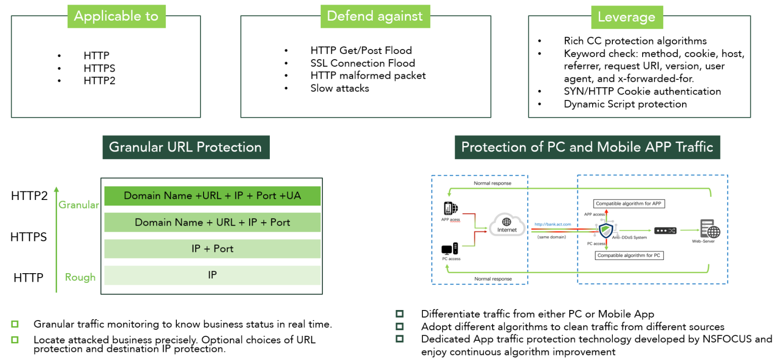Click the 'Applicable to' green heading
coord(116,16)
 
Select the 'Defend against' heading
coord(374,16)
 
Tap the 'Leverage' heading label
coord(626,17)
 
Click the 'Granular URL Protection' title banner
coord(185,147)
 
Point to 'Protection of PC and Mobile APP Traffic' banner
coord(587,147)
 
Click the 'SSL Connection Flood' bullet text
coord(362,63)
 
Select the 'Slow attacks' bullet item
coord(339,88)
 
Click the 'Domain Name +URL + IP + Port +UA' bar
coord(212,196)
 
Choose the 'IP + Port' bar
coord(212,249)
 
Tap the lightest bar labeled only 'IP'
coord(212,275)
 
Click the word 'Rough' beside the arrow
coord(80,277)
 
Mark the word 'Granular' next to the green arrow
coord(79,205)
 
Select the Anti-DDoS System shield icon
coord(606,230)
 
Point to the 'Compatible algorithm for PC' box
coord(628,255)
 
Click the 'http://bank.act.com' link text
coord(553,224)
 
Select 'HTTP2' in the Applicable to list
coord(100,81)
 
